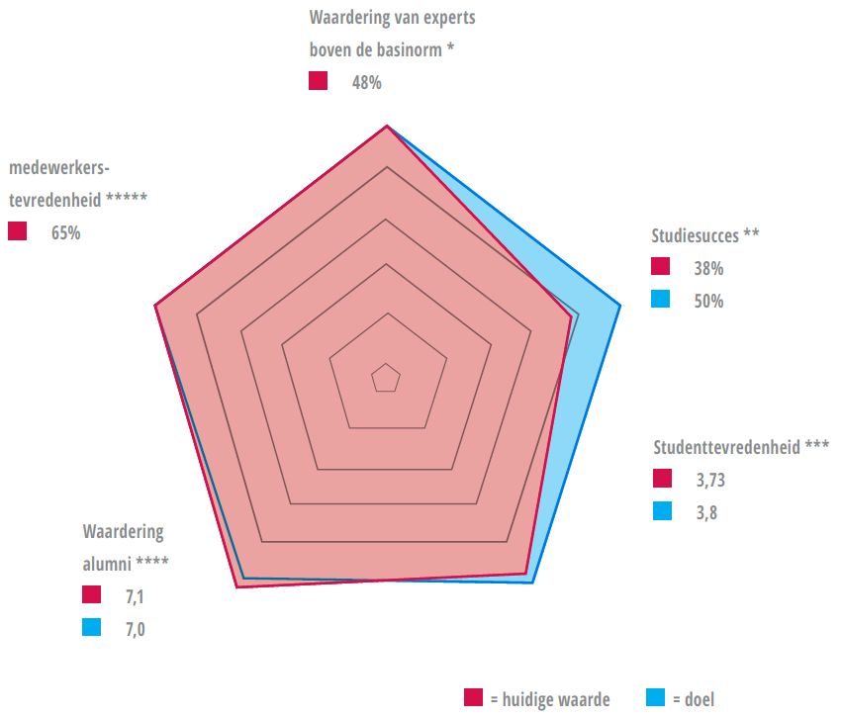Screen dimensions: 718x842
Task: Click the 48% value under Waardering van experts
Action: (366, 83)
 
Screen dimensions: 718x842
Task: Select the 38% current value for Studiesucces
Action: (708, 268)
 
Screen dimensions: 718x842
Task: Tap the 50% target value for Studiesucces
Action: (708, 301)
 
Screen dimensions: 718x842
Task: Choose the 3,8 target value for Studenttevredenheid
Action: (705, 512)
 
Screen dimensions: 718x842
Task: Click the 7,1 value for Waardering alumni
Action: (135, 596)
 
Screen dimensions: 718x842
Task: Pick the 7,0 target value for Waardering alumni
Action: (135, 628)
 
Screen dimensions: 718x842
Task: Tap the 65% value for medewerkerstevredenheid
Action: (65, 233)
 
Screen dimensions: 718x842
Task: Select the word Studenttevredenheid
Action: (726, 447)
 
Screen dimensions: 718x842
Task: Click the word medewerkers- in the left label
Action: (59, 166)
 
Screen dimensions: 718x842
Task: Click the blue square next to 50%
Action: (662, 300)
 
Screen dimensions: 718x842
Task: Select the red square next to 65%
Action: (18, 232)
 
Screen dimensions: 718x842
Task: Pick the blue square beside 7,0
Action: (92, 627)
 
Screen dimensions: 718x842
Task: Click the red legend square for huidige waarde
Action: (474, 698)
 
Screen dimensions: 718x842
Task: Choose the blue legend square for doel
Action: (655, 698)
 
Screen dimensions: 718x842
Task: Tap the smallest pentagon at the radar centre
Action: (385, 378)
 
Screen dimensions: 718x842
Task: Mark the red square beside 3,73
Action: (662, 480)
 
